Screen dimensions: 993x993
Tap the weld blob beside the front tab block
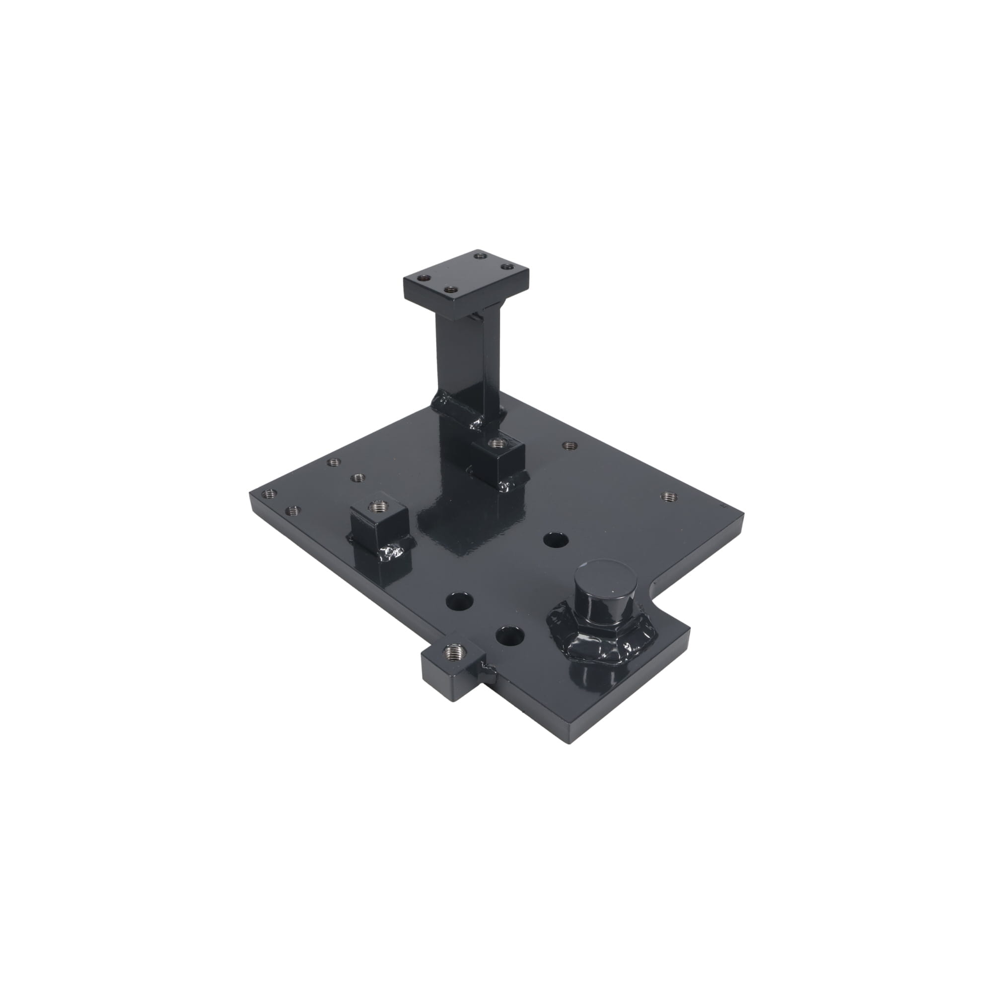487,669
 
